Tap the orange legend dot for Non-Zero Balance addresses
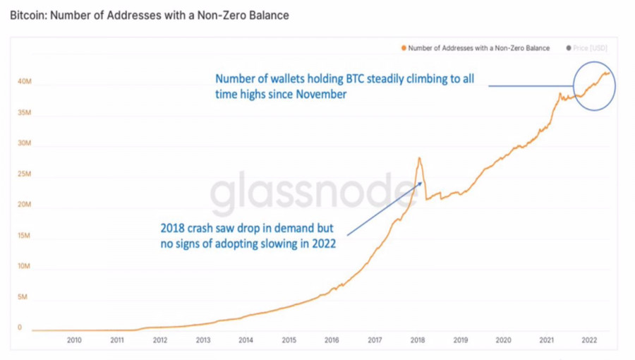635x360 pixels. pyautogui.click(x=403, y=48)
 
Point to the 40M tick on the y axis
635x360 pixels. pyautogui.click(x=23, y=82)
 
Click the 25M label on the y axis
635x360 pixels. pyautogui.click(x=23, y=174)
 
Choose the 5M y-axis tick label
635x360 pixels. pyautogui.click(x=23, y=297)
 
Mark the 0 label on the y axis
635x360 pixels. pyautogui.click(x=20, y=328)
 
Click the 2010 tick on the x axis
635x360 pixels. pyautogui.click(x=74, y=340)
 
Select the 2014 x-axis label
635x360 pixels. pyautogui.click(x=246, y=340)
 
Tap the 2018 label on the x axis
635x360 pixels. pyautogui.click(x=418, y=340)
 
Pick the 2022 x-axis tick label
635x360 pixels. pyautogui.click(x=589, y=340)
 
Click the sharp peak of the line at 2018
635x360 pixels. pyautogui.click(x=419, y=158)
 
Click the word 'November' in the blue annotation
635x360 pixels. pyautogui.click(x=320, y=95)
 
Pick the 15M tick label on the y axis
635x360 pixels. pyautogui.click(x=23, y=236)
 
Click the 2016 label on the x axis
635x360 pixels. pyautogui.click(x=332, y=340)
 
